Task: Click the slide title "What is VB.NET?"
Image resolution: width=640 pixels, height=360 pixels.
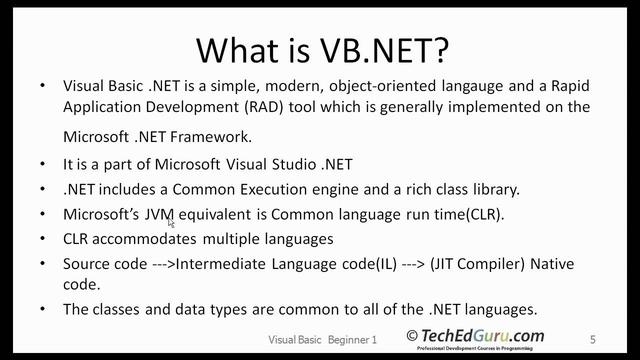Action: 320,47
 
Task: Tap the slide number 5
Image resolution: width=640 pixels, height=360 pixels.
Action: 593,340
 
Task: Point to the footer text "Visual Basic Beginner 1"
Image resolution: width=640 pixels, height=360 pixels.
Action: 322,340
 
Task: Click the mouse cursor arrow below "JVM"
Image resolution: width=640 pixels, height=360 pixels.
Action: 172,223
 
